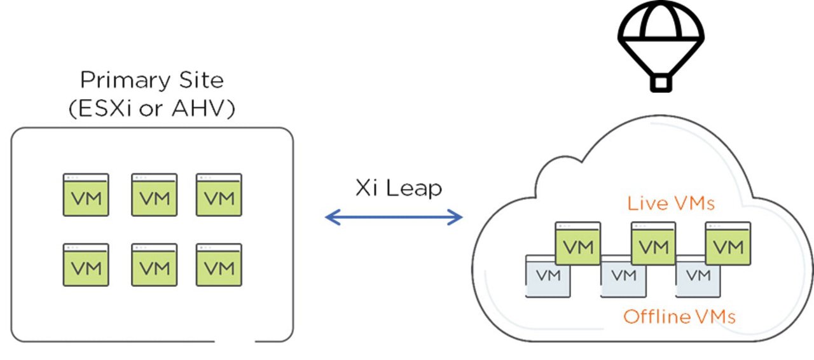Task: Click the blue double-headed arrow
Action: [x=394, y=218]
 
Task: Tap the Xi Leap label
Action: [x=398, y=189]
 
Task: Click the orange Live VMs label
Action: [x=670, y=204]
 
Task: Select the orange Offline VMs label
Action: [x=679, y=316]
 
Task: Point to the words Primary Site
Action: [x=151, y=81]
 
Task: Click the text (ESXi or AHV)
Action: [x=151, y=108]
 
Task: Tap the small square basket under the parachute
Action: [x=661, y=83]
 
